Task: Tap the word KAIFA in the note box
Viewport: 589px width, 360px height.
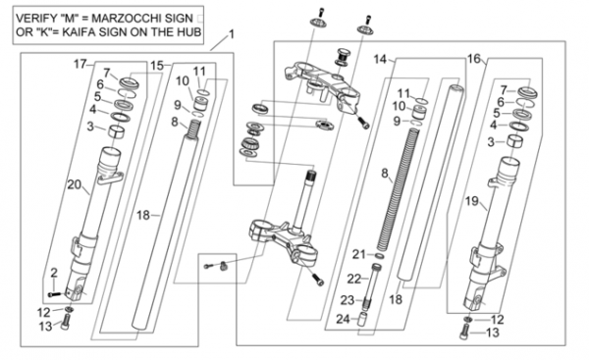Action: pyautogui.click(x=79, y=31)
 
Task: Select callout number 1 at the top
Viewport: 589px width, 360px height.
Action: pyautogui.click(x=232, y=34)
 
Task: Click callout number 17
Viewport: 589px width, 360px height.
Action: pyautogui.click(x=80, y=64)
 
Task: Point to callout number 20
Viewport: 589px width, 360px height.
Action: pyautogui.click(x=74, y=184)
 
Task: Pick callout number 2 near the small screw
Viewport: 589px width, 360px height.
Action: pyautogui.click(x=54, y=273)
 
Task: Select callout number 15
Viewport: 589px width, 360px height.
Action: pyautogui.click(x=157, y=66)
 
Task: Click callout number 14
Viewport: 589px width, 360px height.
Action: pyautogui.click(x=380, y=59)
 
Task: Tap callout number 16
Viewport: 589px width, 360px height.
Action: pyautogui.click(x=474, y=59)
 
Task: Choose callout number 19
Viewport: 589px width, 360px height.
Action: pyautogui.click(x=472, y=201)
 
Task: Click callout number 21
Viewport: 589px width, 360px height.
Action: pyautogui.click(x=358, y=254)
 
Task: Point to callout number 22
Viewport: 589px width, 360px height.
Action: pyautogui.click(x=353, y=279)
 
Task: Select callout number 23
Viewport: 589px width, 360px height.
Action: pyautogui.click(x=348, y=300)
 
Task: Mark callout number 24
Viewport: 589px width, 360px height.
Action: pyautogui.click(x=343, y=319)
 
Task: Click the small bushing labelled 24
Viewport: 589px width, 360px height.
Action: pyautogui.click(x=361, y=320)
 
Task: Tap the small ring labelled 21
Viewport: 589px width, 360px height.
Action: pyautogui.click(x=380, y=256)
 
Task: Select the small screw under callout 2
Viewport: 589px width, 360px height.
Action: pyautogui.click(x=53, y=294)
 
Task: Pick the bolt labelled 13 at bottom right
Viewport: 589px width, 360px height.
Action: pyautogui.click(x=464, y=333)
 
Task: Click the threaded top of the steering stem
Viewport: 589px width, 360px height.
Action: pyautogui.click(x=310, y=176)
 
